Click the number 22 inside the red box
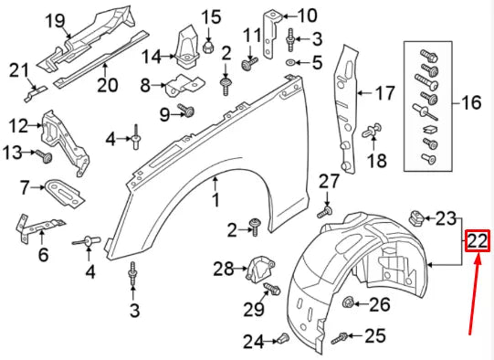478,241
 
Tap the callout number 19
55,19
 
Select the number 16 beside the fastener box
471,102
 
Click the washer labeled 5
291,63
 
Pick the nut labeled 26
348,303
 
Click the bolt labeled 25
340,337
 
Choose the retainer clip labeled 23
414,217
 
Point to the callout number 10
308,15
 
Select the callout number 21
19,69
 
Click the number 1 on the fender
216,199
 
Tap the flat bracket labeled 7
62,189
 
